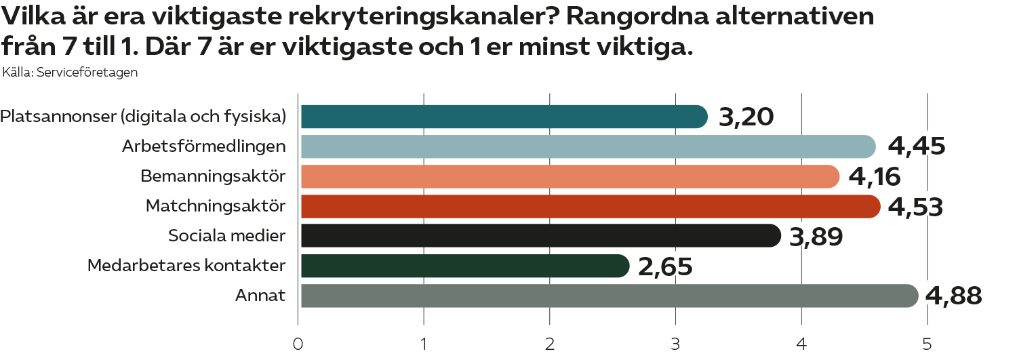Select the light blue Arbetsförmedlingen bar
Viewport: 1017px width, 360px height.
(x=587, y=146)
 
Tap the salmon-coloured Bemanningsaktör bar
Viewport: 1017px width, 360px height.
(x=570, y=176)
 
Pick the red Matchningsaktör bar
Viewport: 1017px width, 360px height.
(x=590, y=206)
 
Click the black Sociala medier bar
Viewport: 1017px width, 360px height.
(x=540, y=236)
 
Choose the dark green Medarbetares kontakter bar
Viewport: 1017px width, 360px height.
(x=464, y=266)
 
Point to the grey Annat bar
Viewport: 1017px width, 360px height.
(x=608, y=296)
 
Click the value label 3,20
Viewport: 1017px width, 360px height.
(x=746, y=118)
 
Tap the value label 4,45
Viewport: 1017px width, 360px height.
(x=917, y=146)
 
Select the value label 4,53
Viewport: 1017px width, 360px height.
(x=915, y=207)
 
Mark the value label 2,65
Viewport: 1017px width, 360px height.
(x=665, y=266)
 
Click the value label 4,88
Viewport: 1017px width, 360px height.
(x=953, y=296)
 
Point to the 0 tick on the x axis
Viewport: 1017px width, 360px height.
(x=298, y=344)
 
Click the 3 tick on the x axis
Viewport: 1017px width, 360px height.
(x=675, y=344)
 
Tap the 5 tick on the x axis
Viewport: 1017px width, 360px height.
(x=927, y=344)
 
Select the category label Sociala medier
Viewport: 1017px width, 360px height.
(x=226, y=236)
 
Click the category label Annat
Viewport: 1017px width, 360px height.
(x=260, y=296)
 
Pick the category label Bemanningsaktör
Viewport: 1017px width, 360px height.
(x=213, y=176)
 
